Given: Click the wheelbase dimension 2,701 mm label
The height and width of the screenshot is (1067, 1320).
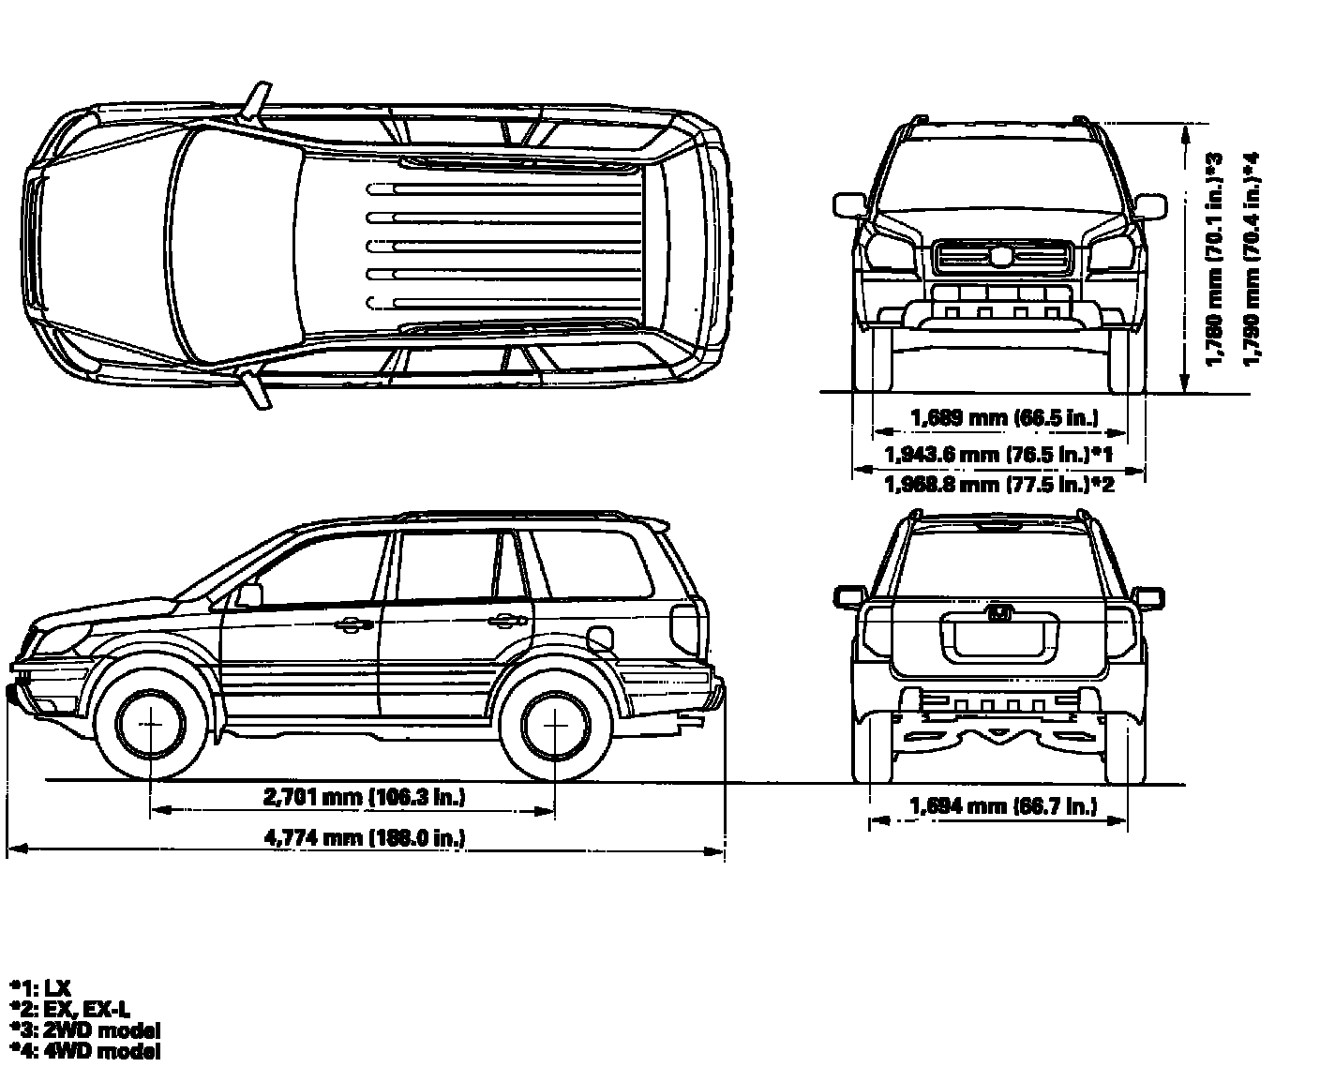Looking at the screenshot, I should pos(365,798).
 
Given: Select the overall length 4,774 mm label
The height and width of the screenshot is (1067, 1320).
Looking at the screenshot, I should pos(366,837).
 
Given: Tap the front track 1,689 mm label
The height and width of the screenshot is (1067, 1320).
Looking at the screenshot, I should pos(1004,417).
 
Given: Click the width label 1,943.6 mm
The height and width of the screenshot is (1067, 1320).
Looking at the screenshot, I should pos(997,455).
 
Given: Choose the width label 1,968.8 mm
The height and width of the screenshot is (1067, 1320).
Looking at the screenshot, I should pos(999,485).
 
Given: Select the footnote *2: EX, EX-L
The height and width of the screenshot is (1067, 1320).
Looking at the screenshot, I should pos(69,1008).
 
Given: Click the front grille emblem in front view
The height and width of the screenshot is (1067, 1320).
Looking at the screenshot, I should pos(1002,255).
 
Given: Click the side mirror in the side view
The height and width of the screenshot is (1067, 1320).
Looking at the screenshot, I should pos(250,595).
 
